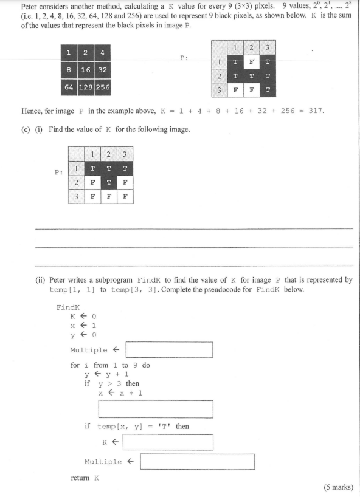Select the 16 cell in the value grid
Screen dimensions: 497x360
[x=86, y=70]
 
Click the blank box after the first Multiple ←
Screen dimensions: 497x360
[x=169, y=350]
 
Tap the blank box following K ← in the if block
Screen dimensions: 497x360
[x=170, y=442]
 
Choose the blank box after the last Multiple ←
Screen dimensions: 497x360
[x=197, y=462]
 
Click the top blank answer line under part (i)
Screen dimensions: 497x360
[x=195, y=228]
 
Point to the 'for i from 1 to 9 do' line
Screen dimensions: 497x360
[x=110, y=365]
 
